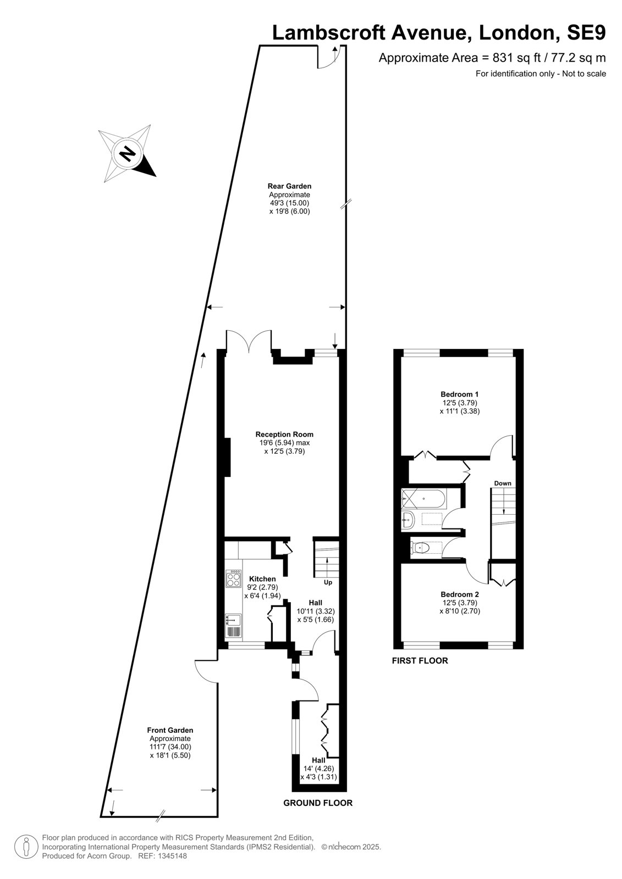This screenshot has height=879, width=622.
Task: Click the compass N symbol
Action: (127, 153)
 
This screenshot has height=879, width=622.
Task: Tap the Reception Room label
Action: (284, 434)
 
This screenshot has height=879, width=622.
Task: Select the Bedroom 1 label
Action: (459, 394)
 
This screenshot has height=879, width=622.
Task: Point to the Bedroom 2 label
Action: (459, 594)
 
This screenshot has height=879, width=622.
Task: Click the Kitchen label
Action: (262, 578)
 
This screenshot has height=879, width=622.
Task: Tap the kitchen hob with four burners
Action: (234, 578)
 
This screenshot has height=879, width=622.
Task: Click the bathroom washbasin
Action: (408, 521)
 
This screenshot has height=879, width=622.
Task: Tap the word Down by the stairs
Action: (503, 483)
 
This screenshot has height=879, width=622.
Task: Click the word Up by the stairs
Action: (328, 582)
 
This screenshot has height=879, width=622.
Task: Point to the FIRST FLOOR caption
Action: (420, 661)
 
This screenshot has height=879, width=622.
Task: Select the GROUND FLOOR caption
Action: (318, 803)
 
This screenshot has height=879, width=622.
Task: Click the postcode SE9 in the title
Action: (586, 32)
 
